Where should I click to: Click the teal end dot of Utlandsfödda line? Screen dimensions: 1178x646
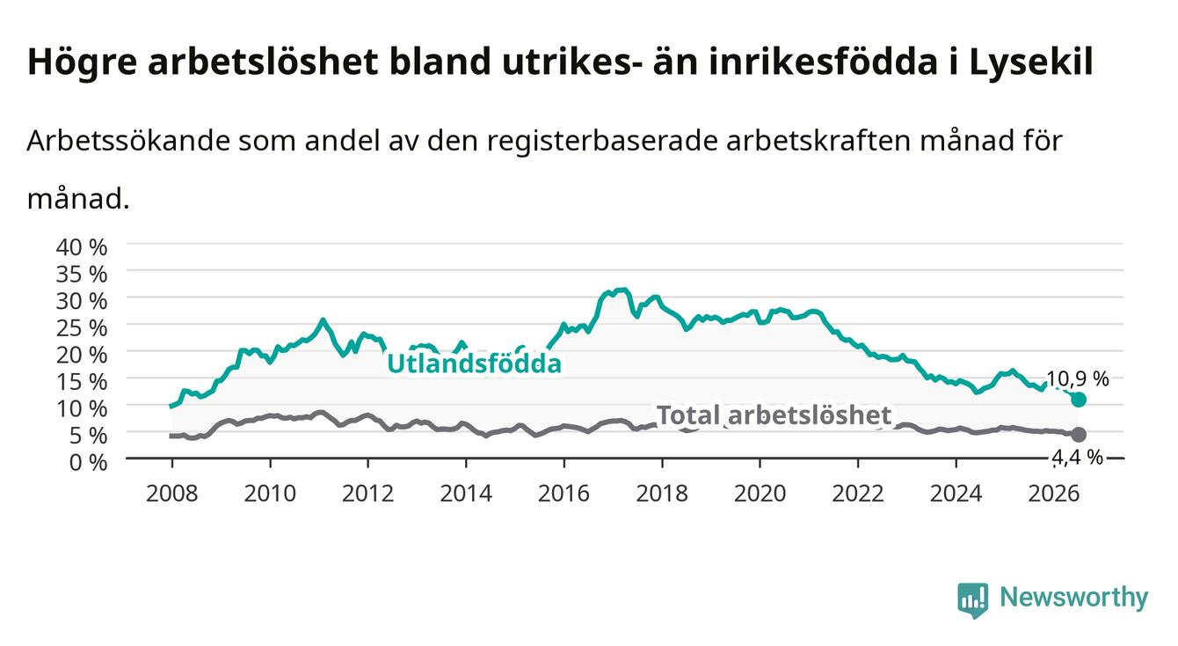click(1078, 400)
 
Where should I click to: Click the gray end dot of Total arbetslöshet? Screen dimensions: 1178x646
click(1078, 435)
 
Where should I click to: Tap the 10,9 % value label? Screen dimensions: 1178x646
click(1077, 378)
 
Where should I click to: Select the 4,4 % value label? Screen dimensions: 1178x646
click(1077, 457)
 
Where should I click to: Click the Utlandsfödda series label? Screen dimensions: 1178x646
click(475, 363)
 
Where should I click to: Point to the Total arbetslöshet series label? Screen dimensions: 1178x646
click(774, 415)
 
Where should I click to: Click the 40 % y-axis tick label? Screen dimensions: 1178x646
click(82, 247)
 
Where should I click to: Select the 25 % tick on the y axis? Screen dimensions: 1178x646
click(82, 328)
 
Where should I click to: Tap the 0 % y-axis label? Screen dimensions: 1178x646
click(88, 462)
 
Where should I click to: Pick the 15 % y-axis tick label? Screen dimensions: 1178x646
click(82, 382)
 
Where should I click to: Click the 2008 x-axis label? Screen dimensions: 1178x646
click(172, 494)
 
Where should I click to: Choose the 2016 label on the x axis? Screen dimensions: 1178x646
click(564, 494)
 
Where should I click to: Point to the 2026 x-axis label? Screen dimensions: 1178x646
click(1054, 494)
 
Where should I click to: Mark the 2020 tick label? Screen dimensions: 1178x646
click(760, 494)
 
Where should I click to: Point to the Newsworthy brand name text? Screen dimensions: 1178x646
click(1074, 597)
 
